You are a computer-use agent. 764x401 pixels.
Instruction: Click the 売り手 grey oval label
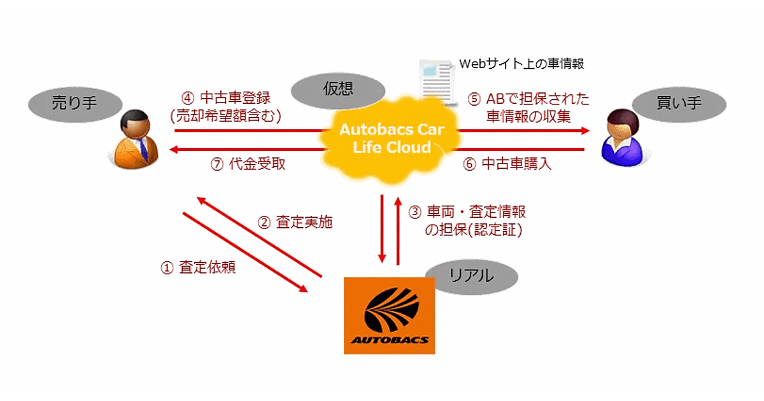[x=75, y=102]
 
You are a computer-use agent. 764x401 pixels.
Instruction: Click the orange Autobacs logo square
[x=390, y=315]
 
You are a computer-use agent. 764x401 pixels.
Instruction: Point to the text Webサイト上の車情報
[x=521, y=64]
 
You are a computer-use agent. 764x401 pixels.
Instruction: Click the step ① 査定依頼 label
[x=198, y=268]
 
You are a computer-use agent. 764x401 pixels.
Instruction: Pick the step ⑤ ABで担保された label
[x=528, y=99]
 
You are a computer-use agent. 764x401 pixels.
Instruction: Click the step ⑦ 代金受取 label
[x=248, y=164]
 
